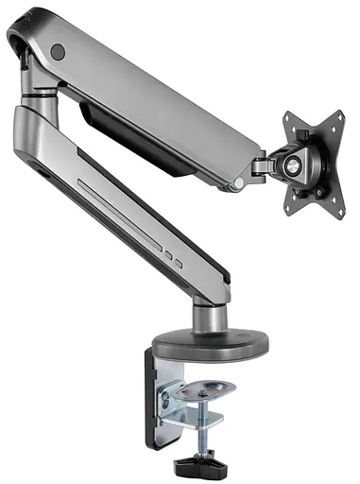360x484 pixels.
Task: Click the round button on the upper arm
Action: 58,50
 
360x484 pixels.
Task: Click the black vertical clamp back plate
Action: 157,397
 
